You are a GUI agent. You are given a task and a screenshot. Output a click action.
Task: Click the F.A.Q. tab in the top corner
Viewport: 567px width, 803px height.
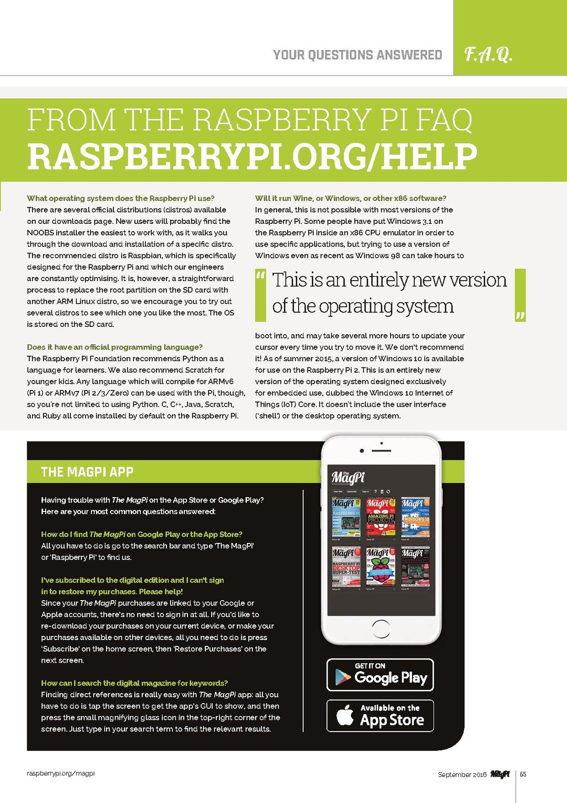tap(488, 54)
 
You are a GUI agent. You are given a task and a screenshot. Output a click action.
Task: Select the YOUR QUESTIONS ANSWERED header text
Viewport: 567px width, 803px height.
tap(357, 55)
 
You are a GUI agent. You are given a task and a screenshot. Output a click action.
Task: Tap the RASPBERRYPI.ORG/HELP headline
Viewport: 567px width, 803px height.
tap(252, 157)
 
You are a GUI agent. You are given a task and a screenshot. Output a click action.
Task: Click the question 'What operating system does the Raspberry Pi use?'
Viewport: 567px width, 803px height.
tap(121, 198)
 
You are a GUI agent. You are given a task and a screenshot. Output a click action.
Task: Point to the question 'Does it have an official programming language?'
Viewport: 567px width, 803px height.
tap(114, 347)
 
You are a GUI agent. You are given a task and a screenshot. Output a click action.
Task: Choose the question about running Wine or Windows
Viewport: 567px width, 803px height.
tap(351, 198)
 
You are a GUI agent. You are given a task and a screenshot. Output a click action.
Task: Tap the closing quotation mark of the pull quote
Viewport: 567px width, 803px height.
tap(520, 315)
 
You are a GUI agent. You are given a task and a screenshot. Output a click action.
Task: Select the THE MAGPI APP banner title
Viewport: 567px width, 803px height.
tap(87, 472)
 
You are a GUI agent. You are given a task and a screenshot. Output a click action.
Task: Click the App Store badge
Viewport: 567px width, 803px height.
tap(380, 715)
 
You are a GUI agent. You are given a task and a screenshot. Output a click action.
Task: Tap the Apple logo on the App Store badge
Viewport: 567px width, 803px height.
tap(345, 715)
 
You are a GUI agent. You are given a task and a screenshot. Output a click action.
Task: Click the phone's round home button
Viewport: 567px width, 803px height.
tap(381, 629)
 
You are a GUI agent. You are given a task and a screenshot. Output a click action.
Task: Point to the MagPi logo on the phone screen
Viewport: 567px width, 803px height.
tap(348, 477)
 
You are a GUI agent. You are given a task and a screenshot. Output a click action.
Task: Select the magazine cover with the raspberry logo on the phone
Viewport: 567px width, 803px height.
tap(381, 568)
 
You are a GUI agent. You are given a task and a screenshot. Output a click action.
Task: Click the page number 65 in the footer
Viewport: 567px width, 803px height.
tap(523, 774)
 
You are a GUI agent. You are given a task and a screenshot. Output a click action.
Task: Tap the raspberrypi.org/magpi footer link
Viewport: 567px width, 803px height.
tap(61, 773)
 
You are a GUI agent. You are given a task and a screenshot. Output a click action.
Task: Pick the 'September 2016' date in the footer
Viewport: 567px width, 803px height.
tap(462, 775)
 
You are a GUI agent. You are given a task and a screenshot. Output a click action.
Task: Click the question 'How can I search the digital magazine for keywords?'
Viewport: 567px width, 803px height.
tap(134, 683)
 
